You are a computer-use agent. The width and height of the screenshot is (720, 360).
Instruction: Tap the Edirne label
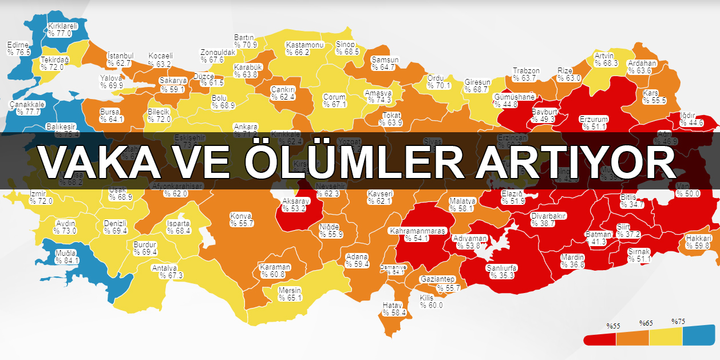(19, 48)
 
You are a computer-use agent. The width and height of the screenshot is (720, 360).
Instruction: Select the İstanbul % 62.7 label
(120, 59)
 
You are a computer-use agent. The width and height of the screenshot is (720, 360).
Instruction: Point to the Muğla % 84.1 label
(67, 256)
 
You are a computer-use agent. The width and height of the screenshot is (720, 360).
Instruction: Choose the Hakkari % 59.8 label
(698, 242)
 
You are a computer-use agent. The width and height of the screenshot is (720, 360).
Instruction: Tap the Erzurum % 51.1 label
(593, 122)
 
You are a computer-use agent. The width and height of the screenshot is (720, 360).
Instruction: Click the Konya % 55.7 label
(242, 219)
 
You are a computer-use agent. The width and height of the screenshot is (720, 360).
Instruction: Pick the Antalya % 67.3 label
(167, 271)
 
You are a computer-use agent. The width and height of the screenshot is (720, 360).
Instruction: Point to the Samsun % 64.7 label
(383, 63)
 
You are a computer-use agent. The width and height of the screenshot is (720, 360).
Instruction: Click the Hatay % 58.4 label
(394, 309)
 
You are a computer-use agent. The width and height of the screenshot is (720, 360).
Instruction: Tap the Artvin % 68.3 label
(606, 59)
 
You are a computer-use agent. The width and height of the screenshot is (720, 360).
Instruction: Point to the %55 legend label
(614, 325)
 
